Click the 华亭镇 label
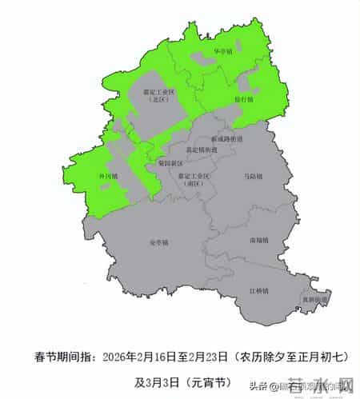pyautogui.click(x=222, y=52)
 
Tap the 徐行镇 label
pyautogui.click(x=243, y=100)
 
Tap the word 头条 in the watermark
pyautogui.click(x=258, y=388)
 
